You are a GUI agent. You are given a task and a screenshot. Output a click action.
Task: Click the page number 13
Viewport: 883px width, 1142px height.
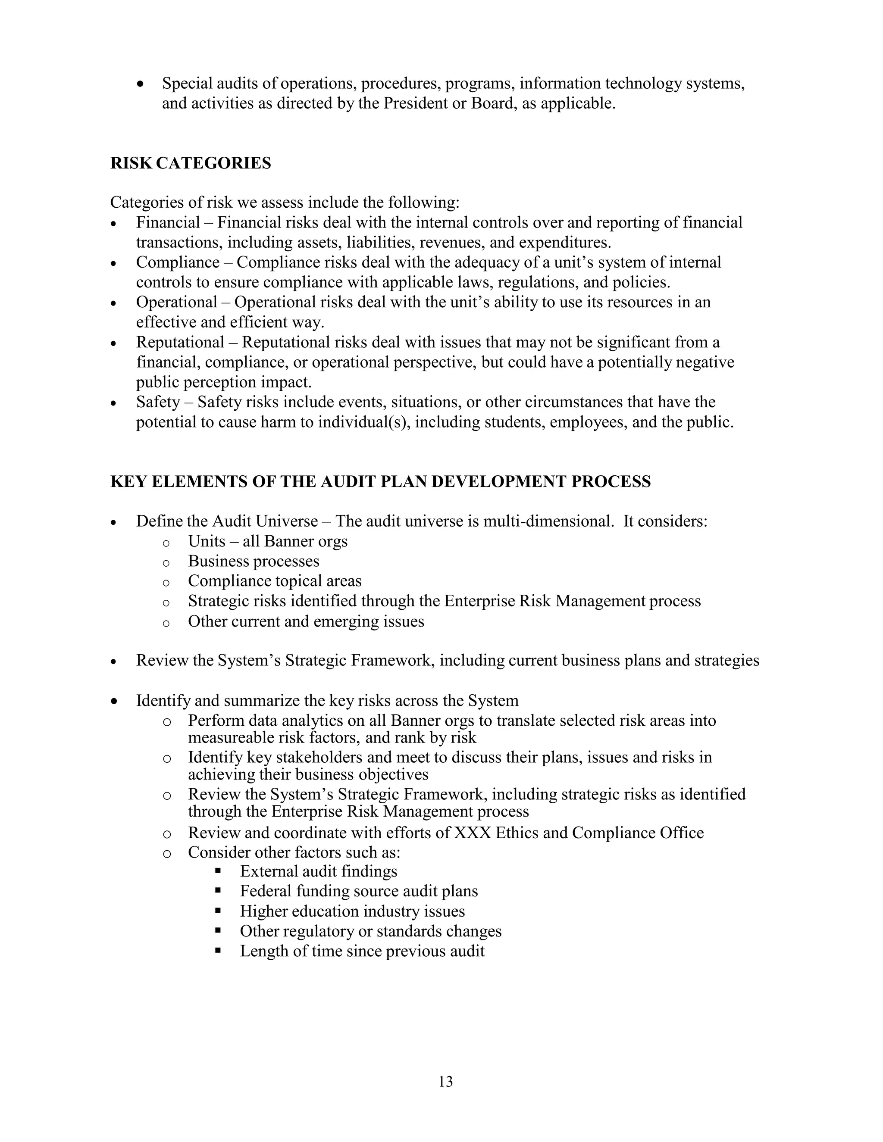[x=445, y=1081]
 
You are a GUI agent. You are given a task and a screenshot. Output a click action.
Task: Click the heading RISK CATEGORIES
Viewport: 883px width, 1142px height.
[x=191, y=163]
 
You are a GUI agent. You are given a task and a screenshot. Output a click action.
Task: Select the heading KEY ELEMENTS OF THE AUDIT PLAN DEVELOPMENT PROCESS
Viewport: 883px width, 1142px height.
[x=380, y=481]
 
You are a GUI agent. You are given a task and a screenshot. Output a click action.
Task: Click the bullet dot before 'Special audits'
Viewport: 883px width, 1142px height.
[x=140, y=84]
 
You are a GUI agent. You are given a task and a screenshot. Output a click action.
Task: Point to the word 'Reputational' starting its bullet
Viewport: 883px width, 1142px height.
[x=180, y=342]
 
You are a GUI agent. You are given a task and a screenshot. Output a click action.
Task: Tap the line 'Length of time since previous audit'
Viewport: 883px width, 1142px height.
[x=362, y=951]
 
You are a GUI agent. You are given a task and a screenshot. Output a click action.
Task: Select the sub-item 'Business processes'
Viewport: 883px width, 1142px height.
[x=253, y=561]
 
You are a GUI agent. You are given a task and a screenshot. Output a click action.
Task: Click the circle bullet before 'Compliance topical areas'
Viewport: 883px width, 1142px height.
[x=166, y=582]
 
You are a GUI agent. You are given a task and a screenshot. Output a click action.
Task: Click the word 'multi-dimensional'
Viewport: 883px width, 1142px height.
[x=548, y=521]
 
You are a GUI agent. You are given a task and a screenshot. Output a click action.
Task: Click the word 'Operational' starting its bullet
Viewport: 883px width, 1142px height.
[x=176, y=302]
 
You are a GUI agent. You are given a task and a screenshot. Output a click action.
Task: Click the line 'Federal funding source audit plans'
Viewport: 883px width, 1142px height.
[x=359, y=891]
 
